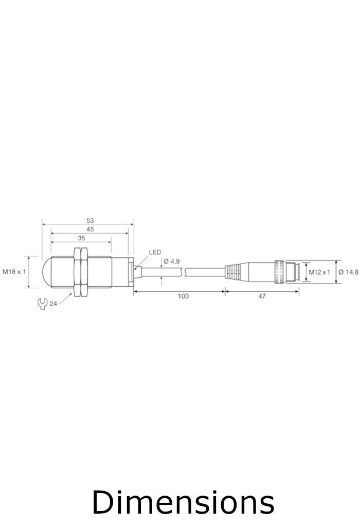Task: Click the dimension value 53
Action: (x=91, y=220)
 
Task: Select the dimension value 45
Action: (x=90, y=230)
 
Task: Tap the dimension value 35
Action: (x=81, y=238)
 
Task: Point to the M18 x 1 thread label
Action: (x=14, y=271)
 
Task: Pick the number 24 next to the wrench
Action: (x=53, y=304)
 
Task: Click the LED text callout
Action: (x=155, y=252)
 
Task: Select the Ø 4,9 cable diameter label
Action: (x=172, y=261)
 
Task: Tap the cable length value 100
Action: (x=183, y=296)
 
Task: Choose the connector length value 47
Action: (x=262, y=296)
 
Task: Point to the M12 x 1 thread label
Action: (x=319, y=272)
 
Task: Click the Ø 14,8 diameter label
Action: (x=348, y=272)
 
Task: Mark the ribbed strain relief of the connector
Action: (x=232, y=271)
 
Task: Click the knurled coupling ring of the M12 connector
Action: (x=280, y=271)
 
